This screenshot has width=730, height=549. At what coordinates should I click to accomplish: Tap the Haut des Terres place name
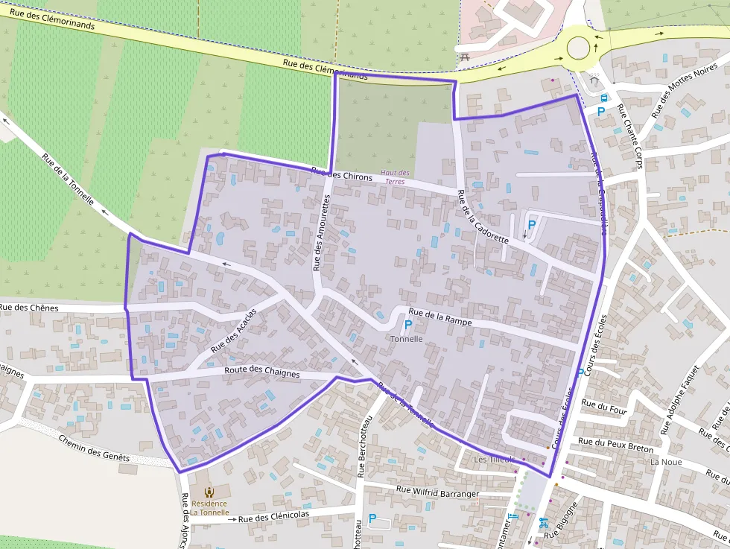pyautogui.click(x=395, y=177)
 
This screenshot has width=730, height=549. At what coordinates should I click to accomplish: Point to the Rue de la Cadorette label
pyautogui.click(x=483, y=218)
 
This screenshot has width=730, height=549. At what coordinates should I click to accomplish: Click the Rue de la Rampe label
pyautogui.click(x=440, y=317)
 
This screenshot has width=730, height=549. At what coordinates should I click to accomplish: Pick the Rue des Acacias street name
pyautogui.click(x=233, y=330)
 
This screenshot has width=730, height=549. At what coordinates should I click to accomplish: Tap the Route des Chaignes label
pyautogui.click(x=262, y=372)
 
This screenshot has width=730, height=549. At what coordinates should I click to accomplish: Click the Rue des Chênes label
pyautogui.click(x=29, y=307)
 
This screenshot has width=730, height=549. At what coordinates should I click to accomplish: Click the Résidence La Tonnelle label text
pyautogui.click(x=209, y=508)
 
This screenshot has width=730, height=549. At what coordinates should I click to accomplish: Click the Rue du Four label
pyautogui.click(x=604, y=406)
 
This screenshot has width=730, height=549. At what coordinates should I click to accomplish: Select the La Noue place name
pyautogui.click(x=665, y=462)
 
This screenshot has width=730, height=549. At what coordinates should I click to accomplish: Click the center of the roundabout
pyautogui.click(x=579, y=48)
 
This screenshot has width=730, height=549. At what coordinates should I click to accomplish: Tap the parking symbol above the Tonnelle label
pyautogui.click(x=407, y=325)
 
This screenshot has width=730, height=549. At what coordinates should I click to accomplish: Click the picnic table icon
pyautogui.click(x=465, y=57)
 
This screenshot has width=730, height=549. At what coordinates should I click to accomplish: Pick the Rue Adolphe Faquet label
pyautogui.click(x=680, y=399)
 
